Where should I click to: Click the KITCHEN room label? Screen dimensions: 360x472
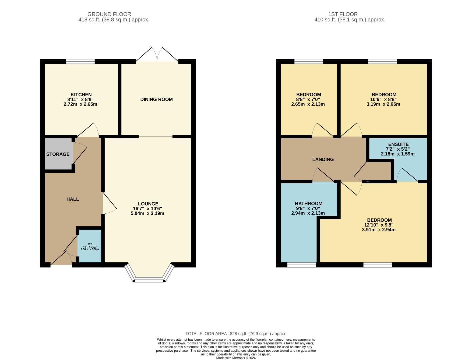coord(81,95)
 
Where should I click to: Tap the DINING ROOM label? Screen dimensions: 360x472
coord(156,99)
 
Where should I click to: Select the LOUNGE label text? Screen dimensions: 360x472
coord(148,204)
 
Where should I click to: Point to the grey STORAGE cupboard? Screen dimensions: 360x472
coord(58,154)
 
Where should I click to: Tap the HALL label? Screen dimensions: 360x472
coord(72,199)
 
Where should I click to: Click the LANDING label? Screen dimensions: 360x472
coord(323,159)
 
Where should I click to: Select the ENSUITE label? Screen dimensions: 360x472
coord(398,144)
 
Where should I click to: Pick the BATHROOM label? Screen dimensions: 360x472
coord(308,203)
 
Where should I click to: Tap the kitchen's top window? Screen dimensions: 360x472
coord(80,61)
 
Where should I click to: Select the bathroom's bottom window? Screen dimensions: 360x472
coord(301,265)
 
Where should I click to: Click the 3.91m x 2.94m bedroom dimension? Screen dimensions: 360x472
coord(379,230)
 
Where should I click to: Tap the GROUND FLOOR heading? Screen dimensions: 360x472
coord(109,14)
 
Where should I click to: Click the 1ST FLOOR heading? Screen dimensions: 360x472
coord(343,14)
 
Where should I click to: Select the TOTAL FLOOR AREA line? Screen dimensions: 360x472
coord(236,334)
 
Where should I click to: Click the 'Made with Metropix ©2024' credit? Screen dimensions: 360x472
coord(236,358)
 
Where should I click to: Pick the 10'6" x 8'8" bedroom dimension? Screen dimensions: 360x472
coord(383,99)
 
